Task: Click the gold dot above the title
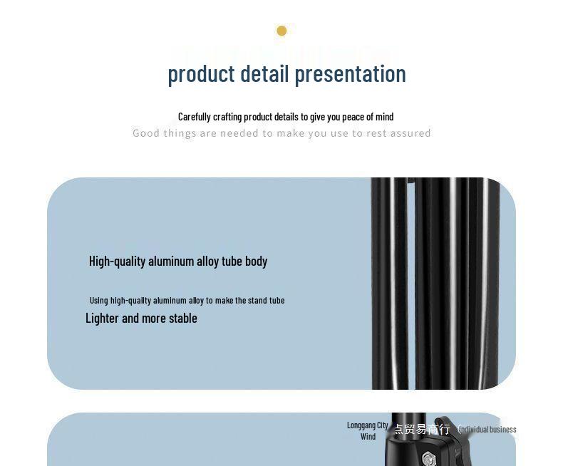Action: [x=281, y=31]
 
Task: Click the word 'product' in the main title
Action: [x=201, y=74]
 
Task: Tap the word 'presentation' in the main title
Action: [x=350, y=74]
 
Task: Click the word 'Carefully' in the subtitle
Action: [x=195, y=117]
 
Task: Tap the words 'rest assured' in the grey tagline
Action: [x=398, y=133]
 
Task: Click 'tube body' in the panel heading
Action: [x=244, y=262]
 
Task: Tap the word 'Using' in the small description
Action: [x=99, y=301]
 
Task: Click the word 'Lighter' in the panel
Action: [x=102, y=319]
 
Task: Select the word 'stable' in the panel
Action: [x=182, y=319]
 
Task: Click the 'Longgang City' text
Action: [x=368, y=425]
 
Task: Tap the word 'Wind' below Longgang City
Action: [x=368, y=437]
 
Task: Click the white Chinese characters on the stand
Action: [x=422, y=429]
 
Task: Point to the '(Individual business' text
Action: [x=487, y=429]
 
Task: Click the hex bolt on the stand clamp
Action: [x=428, y=456]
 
